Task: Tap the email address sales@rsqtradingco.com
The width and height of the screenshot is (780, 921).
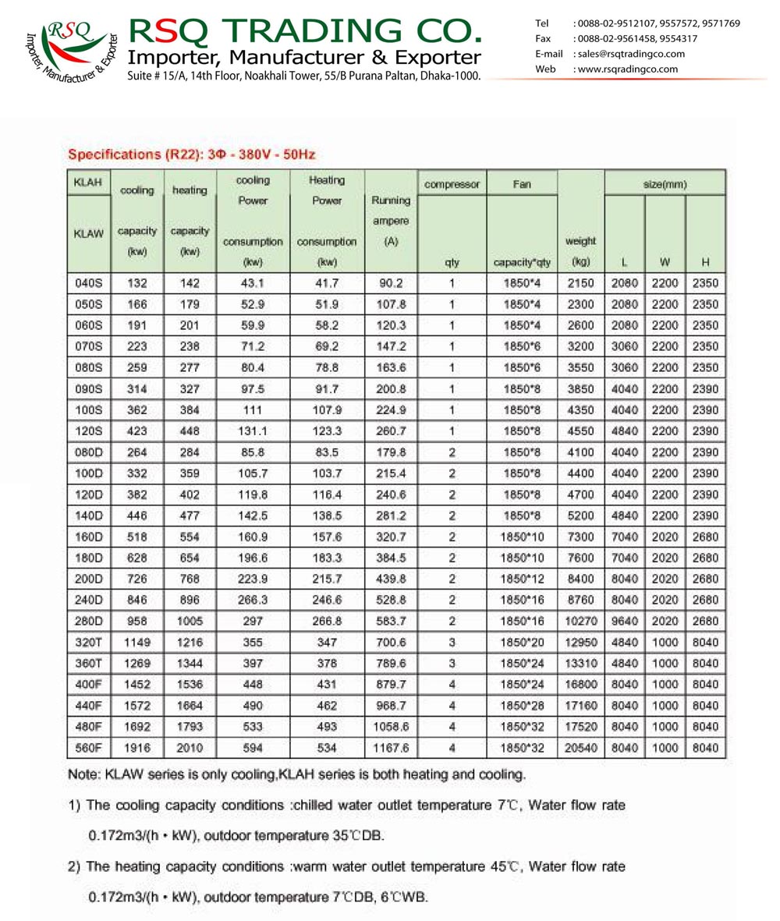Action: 629,54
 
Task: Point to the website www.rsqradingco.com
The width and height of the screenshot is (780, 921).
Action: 626,69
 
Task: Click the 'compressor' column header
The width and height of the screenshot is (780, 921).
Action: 452,185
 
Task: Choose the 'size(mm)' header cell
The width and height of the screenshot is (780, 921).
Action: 665,185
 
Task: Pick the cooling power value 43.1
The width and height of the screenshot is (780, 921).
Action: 252,283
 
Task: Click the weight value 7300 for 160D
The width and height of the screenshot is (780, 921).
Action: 580,538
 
